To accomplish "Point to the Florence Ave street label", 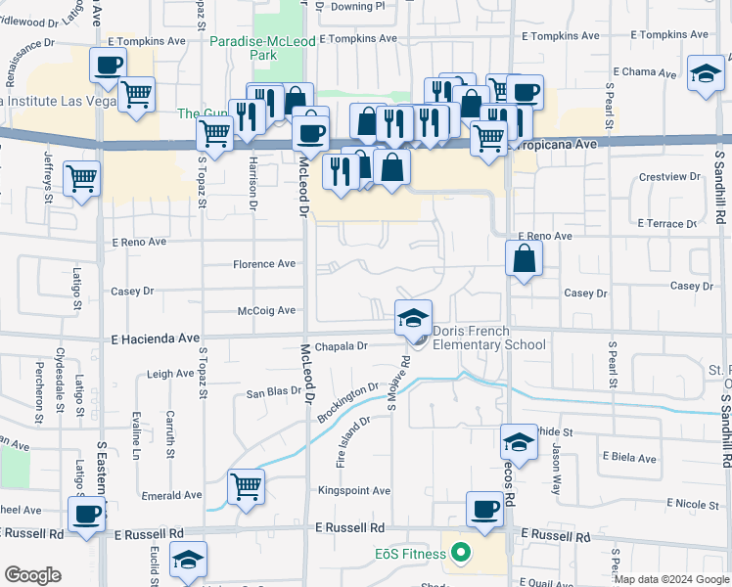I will click(x=263, y=264).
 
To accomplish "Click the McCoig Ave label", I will click(x=266, y=311).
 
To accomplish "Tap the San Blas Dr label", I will click(x=271, y=392).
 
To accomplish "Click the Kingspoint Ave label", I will click(x=353, y=490).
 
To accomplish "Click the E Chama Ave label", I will click(x=645, y=72).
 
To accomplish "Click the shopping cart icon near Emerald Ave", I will click(x=246, y=486).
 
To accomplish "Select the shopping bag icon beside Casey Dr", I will click(x=525, y=259).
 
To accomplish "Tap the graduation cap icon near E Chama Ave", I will click(x=704, y=75).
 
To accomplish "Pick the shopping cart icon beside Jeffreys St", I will click(x=82, y=179).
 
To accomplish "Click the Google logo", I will click(x=33, y=575).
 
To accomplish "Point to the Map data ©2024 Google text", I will click(x=670, y=579).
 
